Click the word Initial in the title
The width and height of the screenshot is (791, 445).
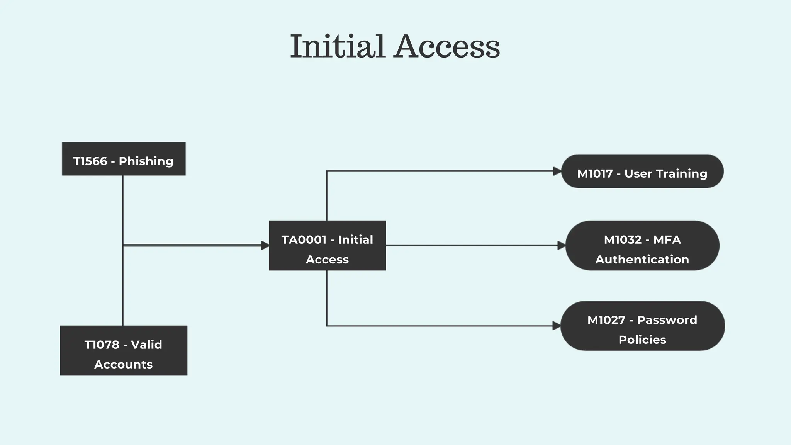tap(338, 46)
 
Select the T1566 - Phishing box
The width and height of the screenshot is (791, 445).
tap(124, 159)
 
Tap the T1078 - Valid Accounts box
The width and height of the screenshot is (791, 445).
tap(124, 350)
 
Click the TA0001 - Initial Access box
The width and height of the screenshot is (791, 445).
tap(327, 246)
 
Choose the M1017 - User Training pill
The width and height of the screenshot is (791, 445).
tap(642, 171)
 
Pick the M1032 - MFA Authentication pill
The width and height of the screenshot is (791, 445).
tap(642, 246)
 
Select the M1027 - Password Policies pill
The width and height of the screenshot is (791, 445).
tap(642, 326)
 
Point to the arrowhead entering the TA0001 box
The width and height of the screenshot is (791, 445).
tap(265, 245)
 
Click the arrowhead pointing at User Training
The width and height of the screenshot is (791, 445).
tap(557, 171)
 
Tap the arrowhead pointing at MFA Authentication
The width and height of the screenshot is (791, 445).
tap(562, 245)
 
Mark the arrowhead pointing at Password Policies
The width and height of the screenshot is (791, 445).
tap(557, 326)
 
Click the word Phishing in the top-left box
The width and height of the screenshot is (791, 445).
tap(146, 161)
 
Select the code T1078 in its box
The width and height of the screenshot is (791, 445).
tap(102, 345)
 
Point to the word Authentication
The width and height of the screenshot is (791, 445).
tap(642, 259)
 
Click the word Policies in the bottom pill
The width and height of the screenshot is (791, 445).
tap(642, 340)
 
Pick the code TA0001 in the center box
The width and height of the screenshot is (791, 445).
tap(304, 239)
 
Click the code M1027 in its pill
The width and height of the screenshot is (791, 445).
tap(606, 320)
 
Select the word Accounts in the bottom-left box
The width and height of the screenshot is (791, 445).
tap(124, 364)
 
